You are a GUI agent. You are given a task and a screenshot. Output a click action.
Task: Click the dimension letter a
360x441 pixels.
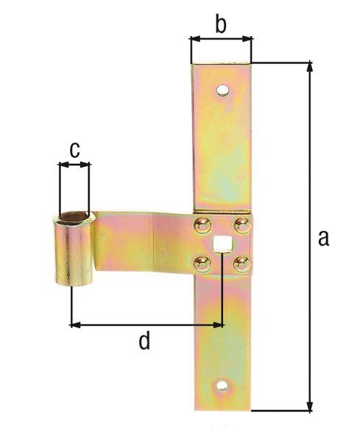pyautogui.click(x=322, y=239)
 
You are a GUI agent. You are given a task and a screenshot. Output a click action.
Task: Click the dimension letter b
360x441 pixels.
pyautogui.click(x=220, y=24)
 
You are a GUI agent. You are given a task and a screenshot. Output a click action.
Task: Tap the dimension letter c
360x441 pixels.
pyautogui.click(x=74, y=149)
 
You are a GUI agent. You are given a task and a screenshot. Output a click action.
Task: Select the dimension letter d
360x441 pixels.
pyautogui.click(x=145, y=341)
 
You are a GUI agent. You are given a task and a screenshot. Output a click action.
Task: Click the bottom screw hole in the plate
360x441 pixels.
pyautogui.click(x=222, y=385)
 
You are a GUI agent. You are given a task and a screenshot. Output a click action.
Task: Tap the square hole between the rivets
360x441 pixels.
pyautogui.click(x=219, y=243)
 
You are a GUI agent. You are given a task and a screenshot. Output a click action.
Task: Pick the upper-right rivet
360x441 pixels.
pyautogui.click(x=240, y=224)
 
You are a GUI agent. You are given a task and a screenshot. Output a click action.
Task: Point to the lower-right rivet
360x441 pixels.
pyautogui.click(x=240, y=262)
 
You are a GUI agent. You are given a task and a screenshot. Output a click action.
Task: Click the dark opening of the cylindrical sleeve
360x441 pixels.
pyautogui.click(x=72, y=217)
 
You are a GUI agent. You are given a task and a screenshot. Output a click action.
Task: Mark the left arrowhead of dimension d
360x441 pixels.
pyautogui.click(x=76, y=323)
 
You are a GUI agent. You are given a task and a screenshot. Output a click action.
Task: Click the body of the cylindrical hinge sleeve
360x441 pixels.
pyautogui.click(x=72, y=254)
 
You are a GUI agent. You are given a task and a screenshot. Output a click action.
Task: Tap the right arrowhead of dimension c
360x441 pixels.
pyautogui.click(x=85, y=166)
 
